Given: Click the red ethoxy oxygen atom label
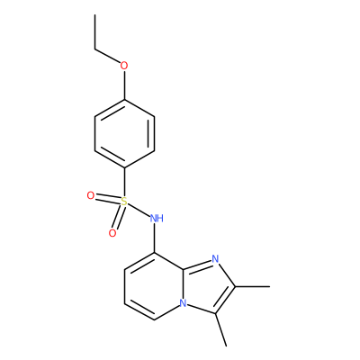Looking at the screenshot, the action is [124, 65].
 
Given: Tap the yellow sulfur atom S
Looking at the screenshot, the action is [124, 202].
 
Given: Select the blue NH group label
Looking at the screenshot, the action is [157, 219].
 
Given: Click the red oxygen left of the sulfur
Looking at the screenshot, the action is [90, 196].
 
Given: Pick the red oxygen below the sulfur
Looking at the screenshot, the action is [112, 233].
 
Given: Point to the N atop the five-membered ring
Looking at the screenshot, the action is [215, 258].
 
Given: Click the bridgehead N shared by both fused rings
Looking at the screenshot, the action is [183, 303].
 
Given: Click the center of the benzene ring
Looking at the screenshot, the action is [124, 133].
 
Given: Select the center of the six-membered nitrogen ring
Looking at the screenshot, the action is [155, 286].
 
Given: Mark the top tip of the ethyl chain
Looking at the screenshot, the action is [94, 14].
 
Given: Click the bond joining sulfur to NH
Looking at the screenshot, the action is [139, 210].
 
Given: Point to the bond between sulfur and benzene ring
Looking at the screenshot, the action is [124, 182].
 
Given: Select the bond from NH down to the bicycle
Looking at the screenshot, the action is [155, 238].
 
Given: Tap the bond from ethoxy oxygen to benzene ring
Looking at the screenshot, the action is [124, 85].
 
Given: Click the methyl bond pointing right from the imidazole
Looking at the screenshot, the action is [253, 287].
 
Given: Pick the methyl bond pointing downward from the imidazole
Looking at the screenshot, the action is [220, 329].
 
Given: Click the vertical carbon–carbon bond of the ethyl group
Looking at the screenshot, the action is [94, 31].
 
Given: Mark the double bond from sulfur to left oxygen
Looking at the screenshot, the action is [107, 199].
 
